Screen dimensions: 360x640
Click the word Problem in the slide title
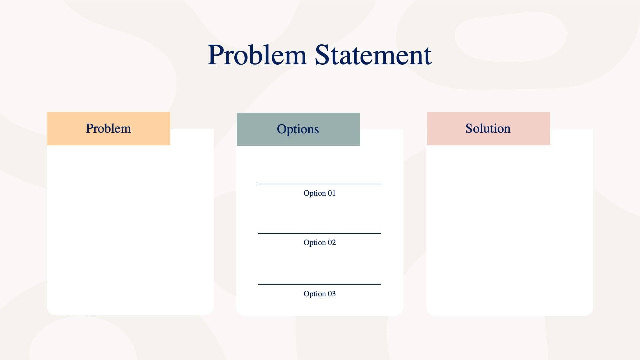click(257, 55)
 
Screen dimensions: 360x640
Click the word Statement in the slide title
click(373, 55)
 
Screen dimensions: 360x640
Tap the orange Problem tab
click(108, 129)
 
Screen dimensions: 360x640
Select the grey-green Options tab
click(298, 129)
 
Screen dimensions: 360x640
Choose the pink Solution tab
click(488, 129)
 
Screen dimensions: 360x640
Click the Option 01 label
click(319, 193)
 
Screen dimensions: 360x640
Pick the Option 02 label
click(319, 243)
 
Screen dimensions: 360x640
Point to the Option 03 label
click(319, 294)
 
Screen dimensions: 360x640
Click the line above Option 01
click(319, 184)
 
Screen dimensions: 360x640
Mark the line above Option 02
click(319, 233)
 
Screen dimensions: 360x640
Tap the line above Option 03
click(319, 285)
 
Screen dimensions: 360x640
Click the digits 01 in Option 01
click(331, 193)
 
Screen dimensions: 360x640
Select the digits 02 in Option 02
click(331, 243)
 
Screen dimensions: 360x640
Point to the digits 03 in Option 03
click(331, 294)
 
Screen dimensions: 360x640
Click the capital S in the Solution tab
click(469, 129)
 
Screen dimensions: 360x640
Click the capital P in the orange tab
click(89, 129)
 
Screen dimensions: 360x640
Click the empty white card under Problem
click(130, 230)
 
